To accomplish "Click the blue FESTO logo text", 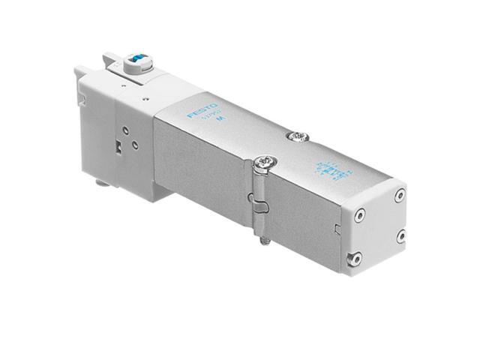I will (x=202, y=109).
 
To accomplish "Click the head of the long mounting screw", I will (x=263, y=162).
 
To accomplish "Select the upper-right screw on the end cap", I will (x=400, y=194).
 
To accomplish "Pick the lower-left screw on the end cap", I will (x=355, y=259).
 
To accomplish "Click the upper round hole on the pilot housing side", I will (x=125, y=129).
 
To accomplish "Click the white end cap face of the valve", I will (x=378, y=225).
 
